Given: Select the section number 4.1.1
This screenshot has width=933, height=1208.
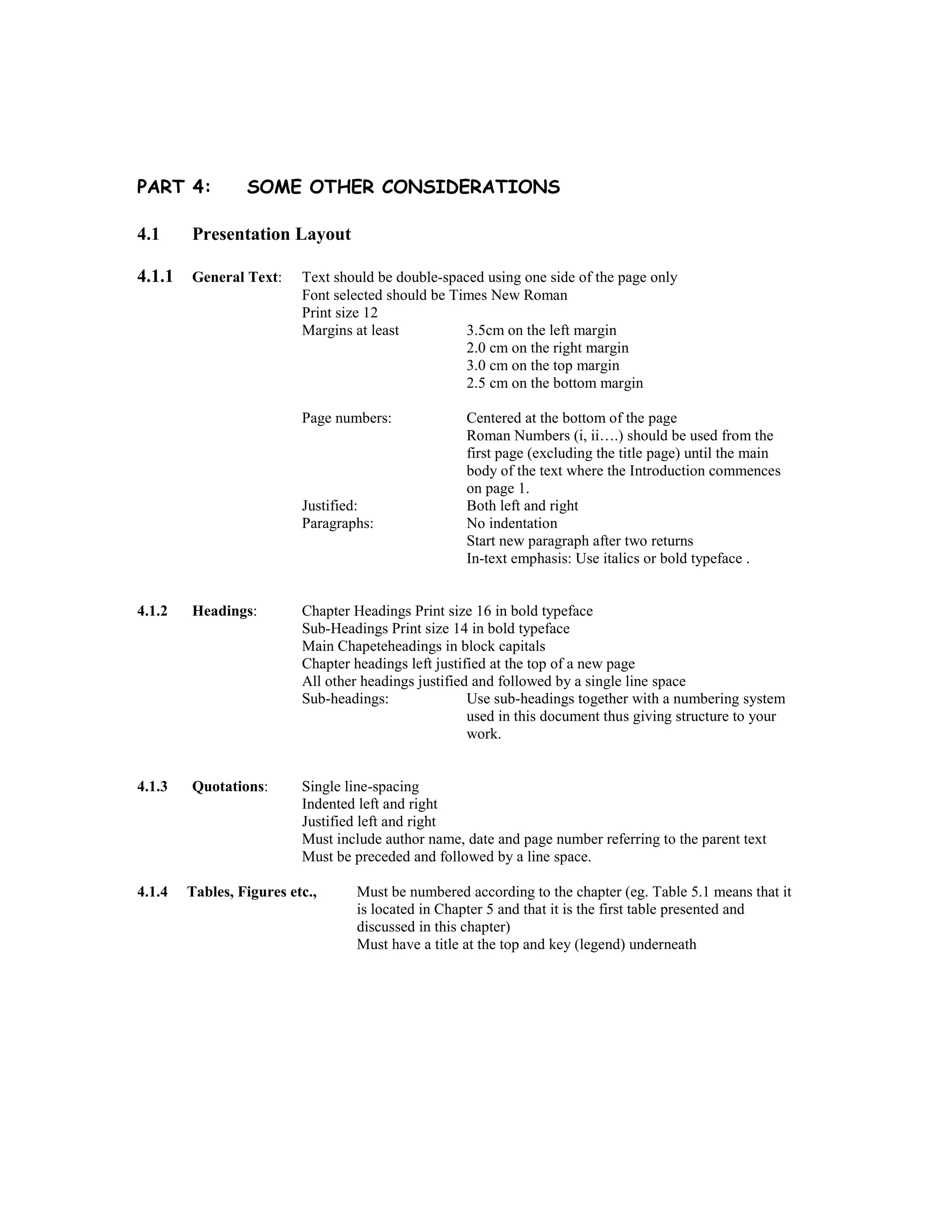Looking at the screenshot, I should coord(155,276).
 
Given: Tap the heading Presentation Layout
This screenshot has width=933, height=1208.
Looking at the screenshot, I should coord(272,234).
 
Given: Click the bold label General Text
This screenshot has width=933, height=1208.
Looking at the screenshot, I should coord(235,277).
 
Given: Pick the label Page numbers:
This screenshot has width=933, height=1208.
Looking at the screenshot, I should coord(347,418).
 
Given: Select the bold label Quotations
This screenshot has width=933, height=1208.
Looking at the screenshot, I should coord(228,786).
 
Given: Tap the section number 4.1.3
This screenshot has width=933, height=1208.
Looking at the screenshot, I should coord(152,786).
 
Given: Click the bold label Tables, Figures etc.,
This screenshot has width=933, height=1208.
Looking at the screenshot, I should coord(252,892).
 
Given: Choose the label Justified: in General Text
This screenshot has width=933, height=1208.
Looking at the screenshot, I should coord(329,506).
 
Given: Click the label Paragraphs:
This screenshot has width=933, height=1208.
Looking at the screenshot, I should coord(338,523).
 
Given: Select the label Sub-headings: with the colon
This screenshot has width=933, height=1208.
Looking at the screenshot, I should coord(345,699).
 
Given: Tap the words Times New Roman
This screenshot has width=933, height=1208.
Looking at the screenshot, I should coord(508,295).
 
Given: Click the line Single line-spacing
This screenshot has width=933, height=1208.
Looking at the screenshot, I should coord(360,786).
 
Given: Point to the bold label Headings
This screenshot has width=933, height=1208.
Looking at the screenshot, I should coord(223,611).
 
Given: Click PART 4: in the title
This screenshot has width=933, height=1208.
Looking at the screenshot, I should coord(174,187).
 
